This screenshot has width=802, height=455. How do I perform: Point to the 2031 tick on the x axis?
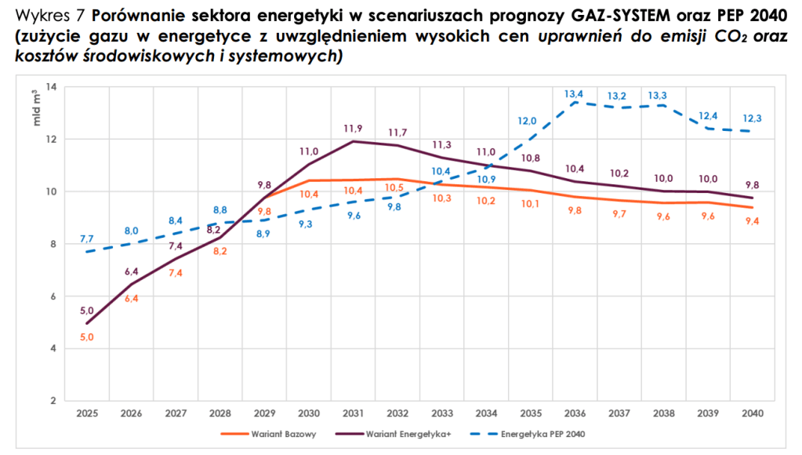tap(353, 413)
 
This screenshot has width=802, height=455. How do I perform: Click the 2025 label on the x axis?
tap(86, 413)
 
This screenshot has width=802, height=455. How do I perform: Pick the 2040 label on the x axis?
tap(752, 413)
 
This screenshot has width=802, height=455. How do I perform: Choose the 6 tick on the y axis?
tap(53, 297)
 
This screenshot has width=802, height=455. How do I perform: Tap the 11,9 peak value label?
tap(353, 128)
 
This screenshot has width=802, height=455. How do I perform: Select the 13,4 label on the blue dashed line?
tap(575, 94)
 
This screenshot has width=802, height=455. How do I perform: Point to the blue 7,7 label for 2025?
tap(86, 238)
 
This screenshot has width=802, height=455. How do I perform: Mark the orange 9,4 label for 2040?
tap(752, 221)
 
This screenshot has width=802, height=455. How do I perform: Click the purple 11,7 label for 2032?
tap(397, 132)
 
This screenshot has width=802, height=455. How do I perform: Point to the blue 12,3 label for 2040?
tap(752, 118)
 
